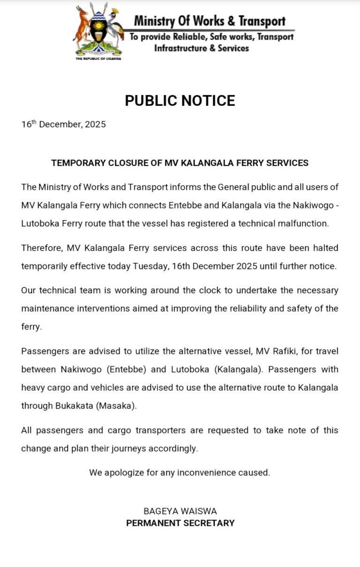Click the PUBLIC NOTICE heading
click(x=180, y=101)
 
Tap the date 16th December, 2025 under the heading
click(x=63, y=124)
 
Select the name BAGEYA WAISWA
click(x=180, y=511)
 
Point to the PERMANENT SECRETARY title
click(x=180, y=522)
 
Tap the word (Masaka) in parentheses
click(x=116, y=406)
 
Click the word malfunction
click(x=304, y=223)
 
